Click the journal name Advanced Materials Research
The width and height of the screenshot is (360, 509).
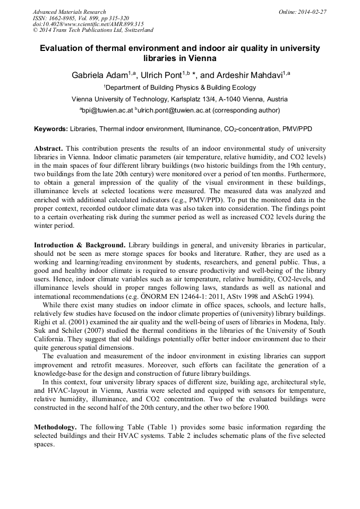pyautogui.click(x=69, y=12)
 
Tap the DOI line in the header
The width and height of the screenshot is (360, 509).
pyautogui.click(x=88, y=24)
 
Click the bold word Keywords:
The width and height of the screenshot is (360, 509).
pyautogui.click(x=51, y=129)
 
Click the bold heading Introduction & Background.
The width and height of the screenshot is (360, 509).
pyautogui.click(x=80, y=245)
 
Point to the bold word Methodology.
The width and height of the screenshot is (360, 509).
pyautogui.click(x=56, y=427)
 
